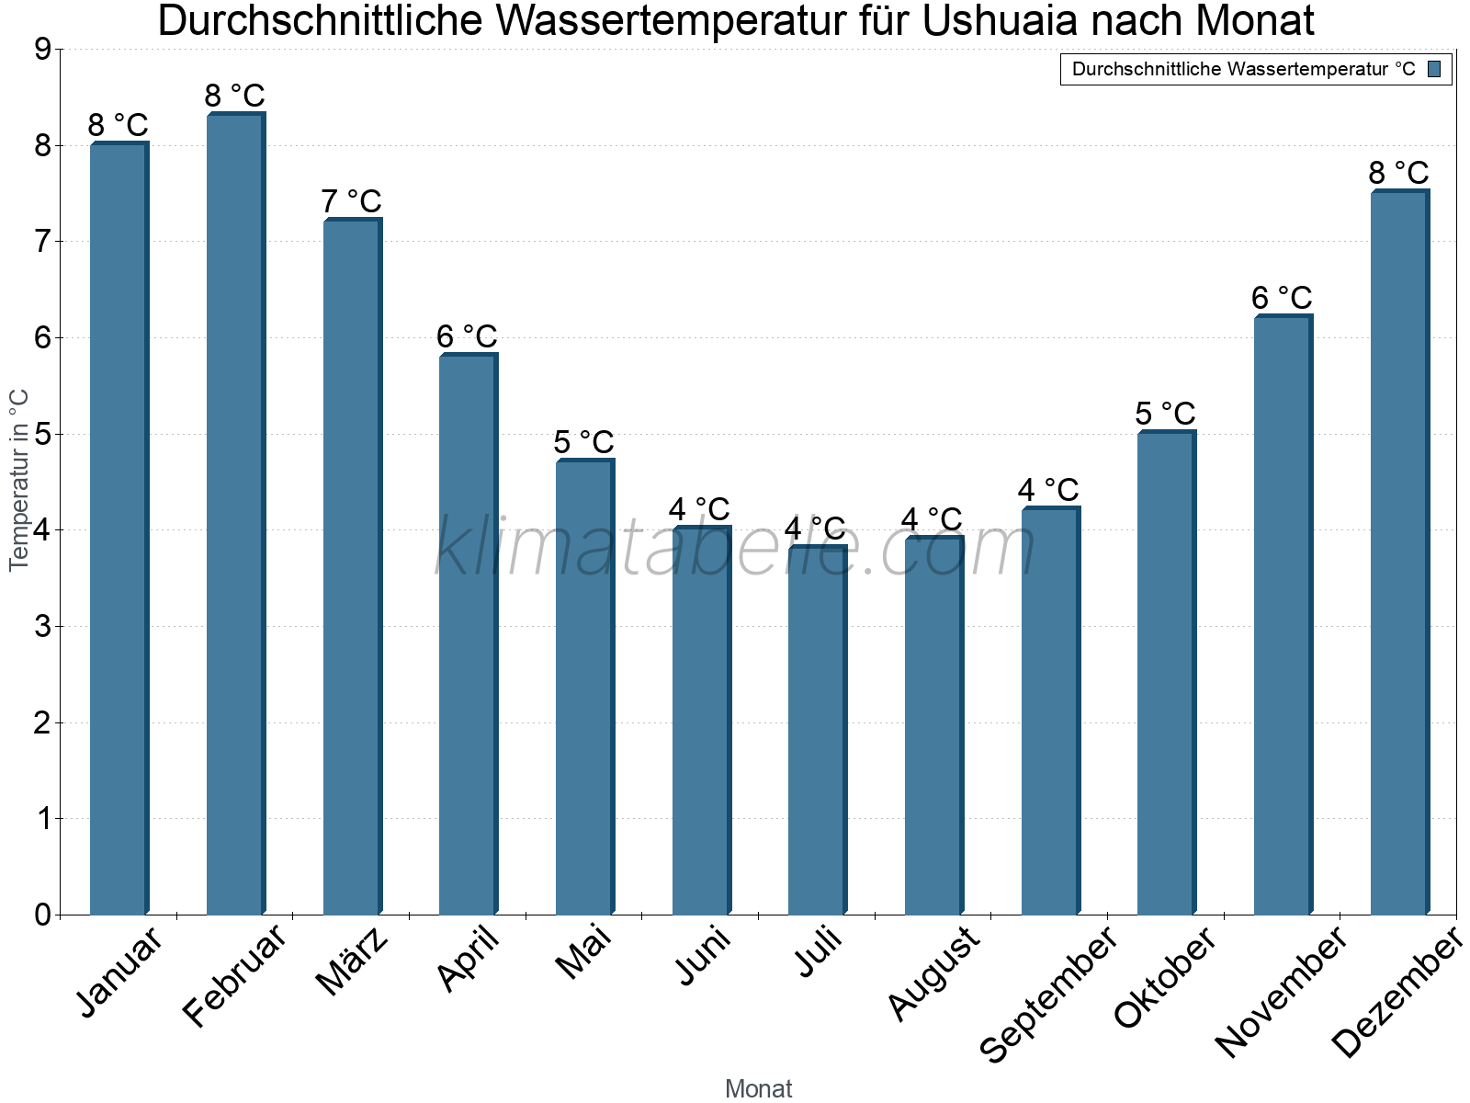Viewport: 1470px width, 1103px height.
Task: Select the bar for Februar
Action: click(235, 515)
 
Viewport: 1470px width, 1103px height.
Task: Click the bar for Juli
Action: click(817, 731)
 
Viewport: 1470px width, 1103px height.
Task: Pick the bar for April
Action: click(468, 634)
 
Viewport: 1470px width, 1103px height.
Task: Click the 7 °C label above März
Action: click(351, 201)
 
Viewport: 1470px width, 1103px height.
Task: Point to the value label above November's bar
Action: click(1282, 298)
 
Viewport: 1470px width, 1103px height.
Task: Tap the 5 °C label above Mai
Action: click(583, 442)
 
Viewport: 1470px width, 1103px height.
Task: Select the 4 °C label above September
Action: click(1048, 490)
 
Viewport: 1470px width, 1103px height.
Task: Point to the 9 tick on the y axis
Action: click(42, 50)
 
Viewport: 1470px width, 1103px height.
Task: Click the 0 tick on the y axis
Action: click(42, 915)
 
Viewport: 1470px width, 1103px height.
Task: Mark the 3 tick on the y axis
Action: click(42, 627)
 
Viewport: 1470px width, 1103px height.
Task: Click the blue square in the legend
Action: click(1434, 69)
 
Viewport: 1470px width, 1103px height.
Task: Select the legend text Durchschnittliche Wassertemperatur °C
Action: click(1243, 69)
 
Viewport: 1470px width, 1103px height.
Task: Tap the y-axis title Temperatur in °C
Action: click(19, 480)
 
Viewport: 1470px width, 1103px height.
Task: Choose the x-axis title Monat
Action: click(758, 1088)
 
